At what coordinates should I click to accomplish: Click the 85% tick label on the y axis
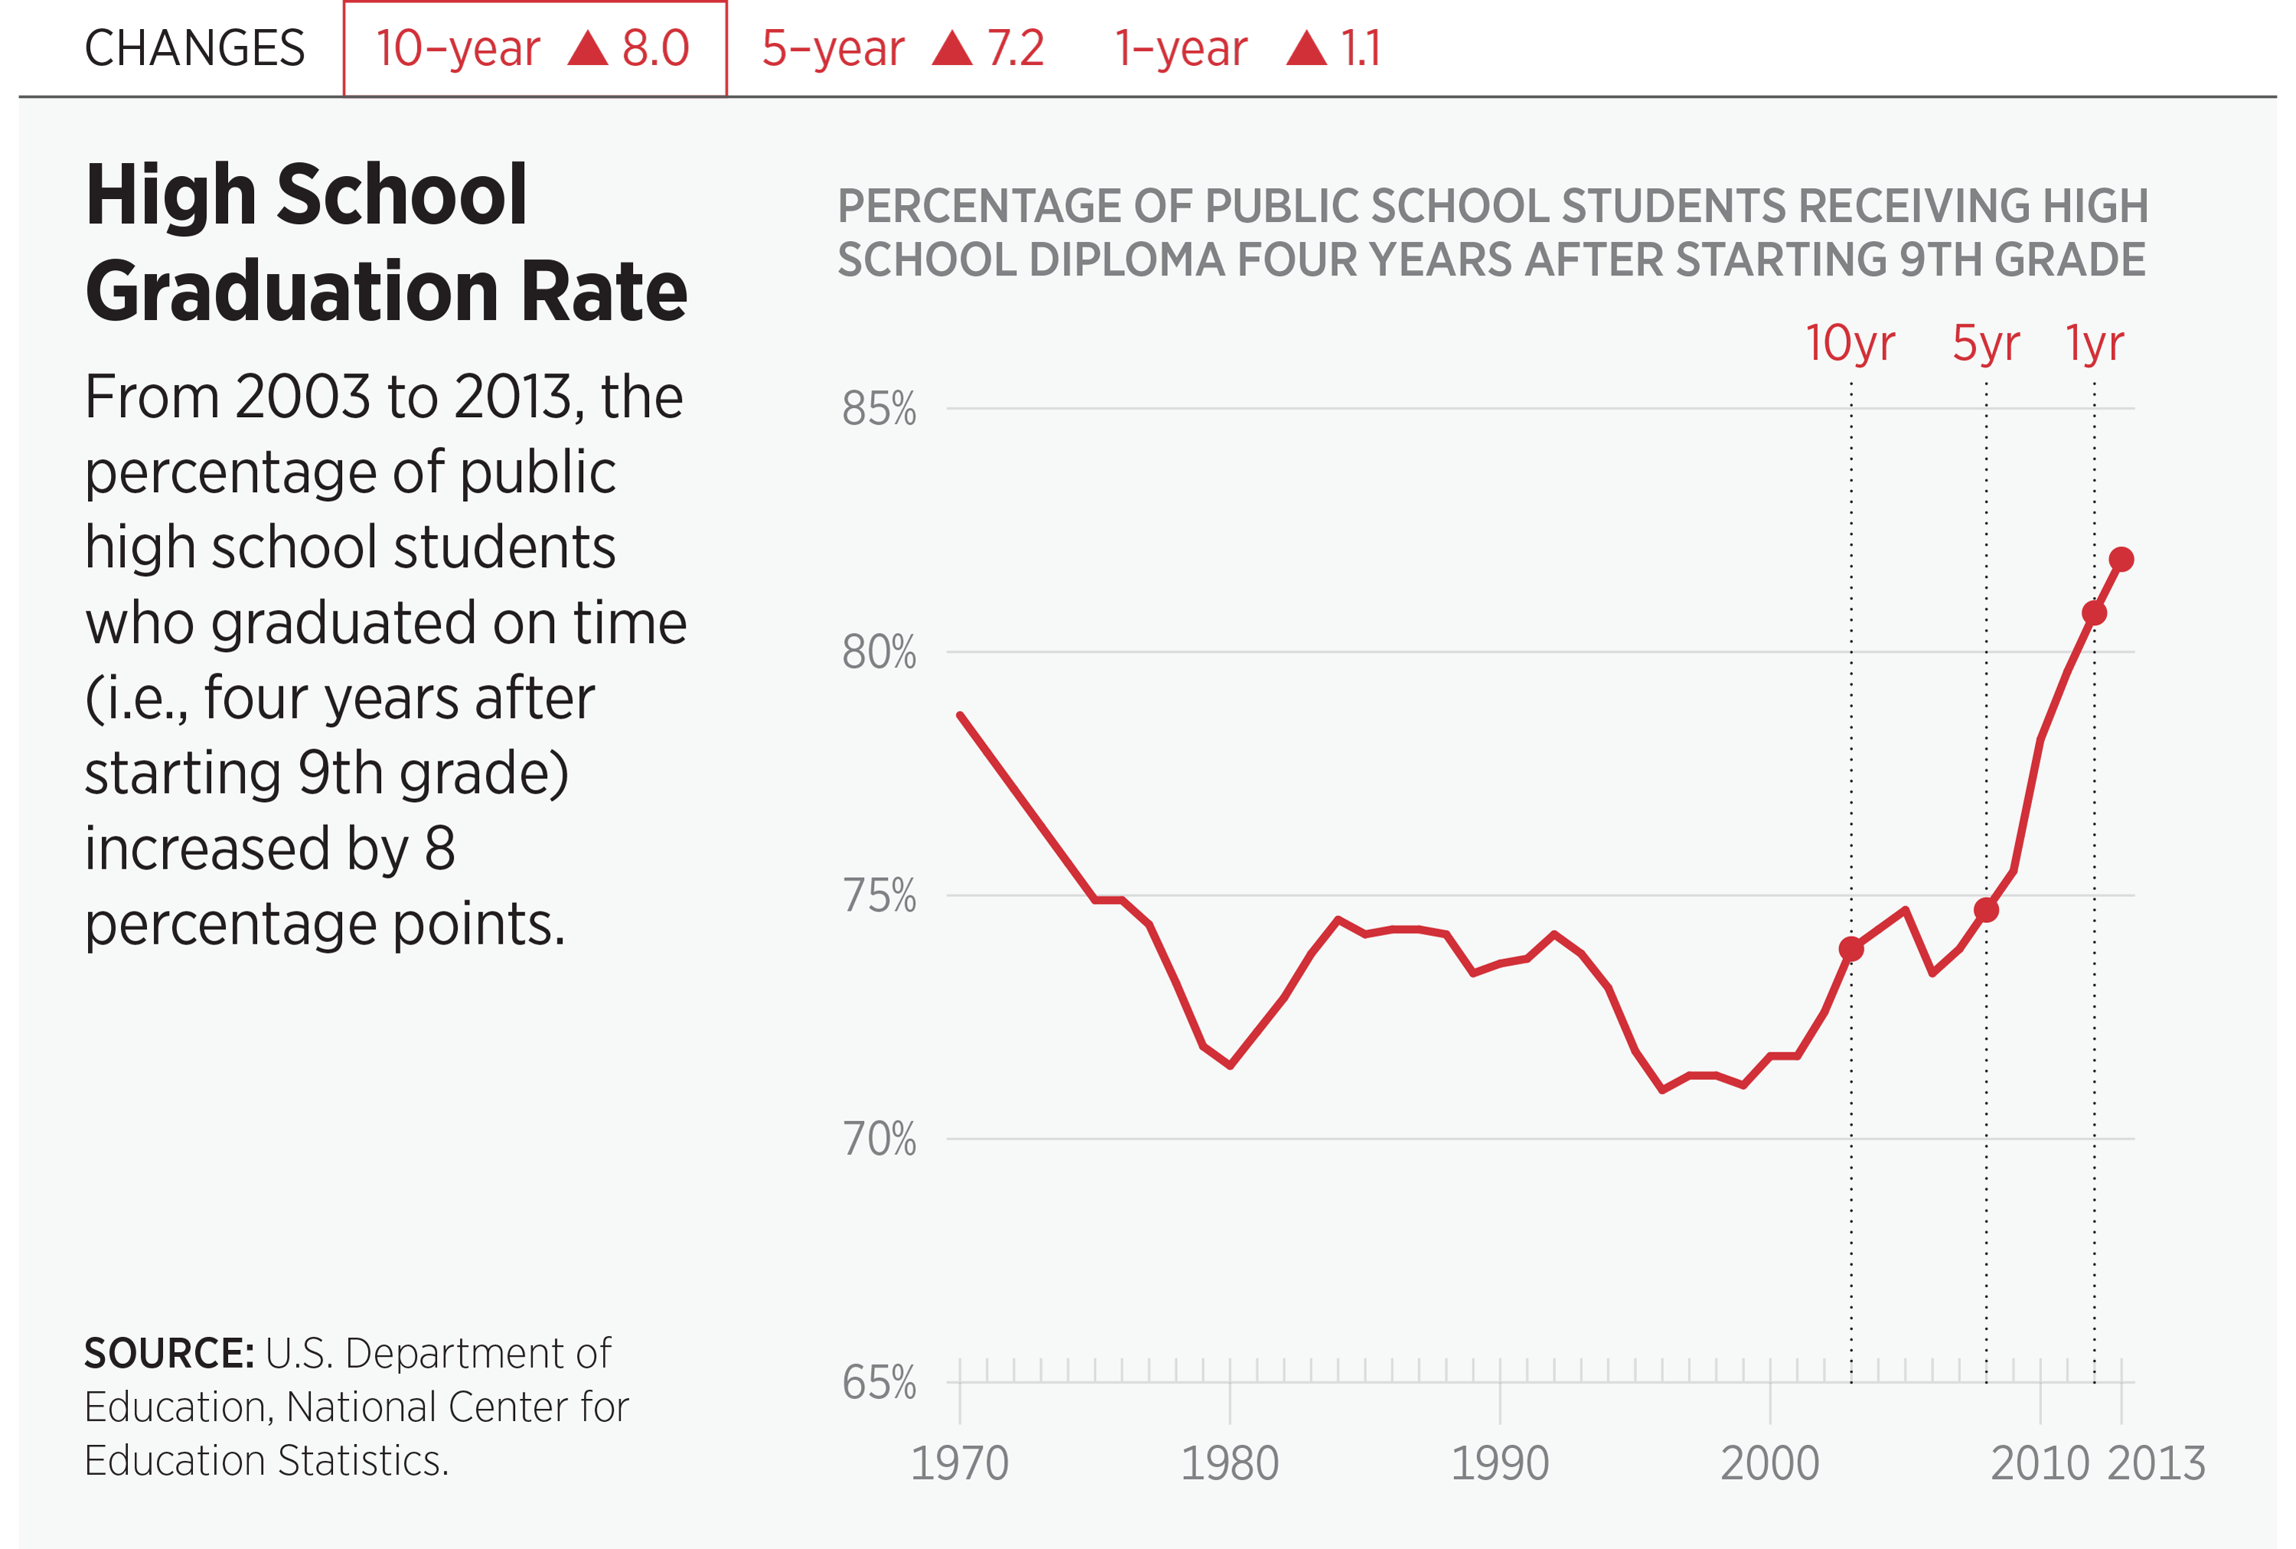(x=879, y=409)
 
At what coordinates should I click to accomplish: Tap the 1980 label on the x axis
(x=1229, y=1463)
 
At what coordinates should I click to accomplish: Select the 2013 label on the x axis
(x=2156, y=1463)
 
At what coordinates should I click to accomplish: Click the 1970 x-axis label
(x=959, y=1463)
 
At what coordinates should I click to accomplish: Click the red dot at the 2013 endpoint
(x=2122, y=560)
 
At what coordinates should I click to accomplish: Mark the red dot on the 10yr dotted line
(x=1851, y=949)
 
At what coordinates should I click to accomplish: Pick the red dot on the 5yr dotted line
(x=1987, y=910)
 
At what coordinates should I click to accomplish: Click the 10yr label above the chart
(x=1850, y=344)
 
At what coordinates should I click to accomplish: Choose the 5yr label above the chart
(x=1986, y=344)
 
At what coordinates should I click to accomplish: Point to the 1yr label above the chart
(x=2095, y=344)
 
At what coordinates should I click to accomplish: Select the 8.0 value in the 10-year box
(x=655, y=48)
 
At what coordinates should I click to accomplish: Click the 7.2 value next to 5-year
(x=1015, y=48)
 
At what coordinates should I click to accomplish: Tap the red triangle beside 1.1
(x=1306, y=47)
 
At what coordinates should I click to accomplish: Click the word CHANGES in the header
(x=194, y=48)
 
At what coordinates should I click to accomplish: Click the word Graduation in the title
(x=292, y=292)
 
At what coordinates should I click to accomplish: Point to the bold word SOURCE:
(x=169, y=1353)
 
